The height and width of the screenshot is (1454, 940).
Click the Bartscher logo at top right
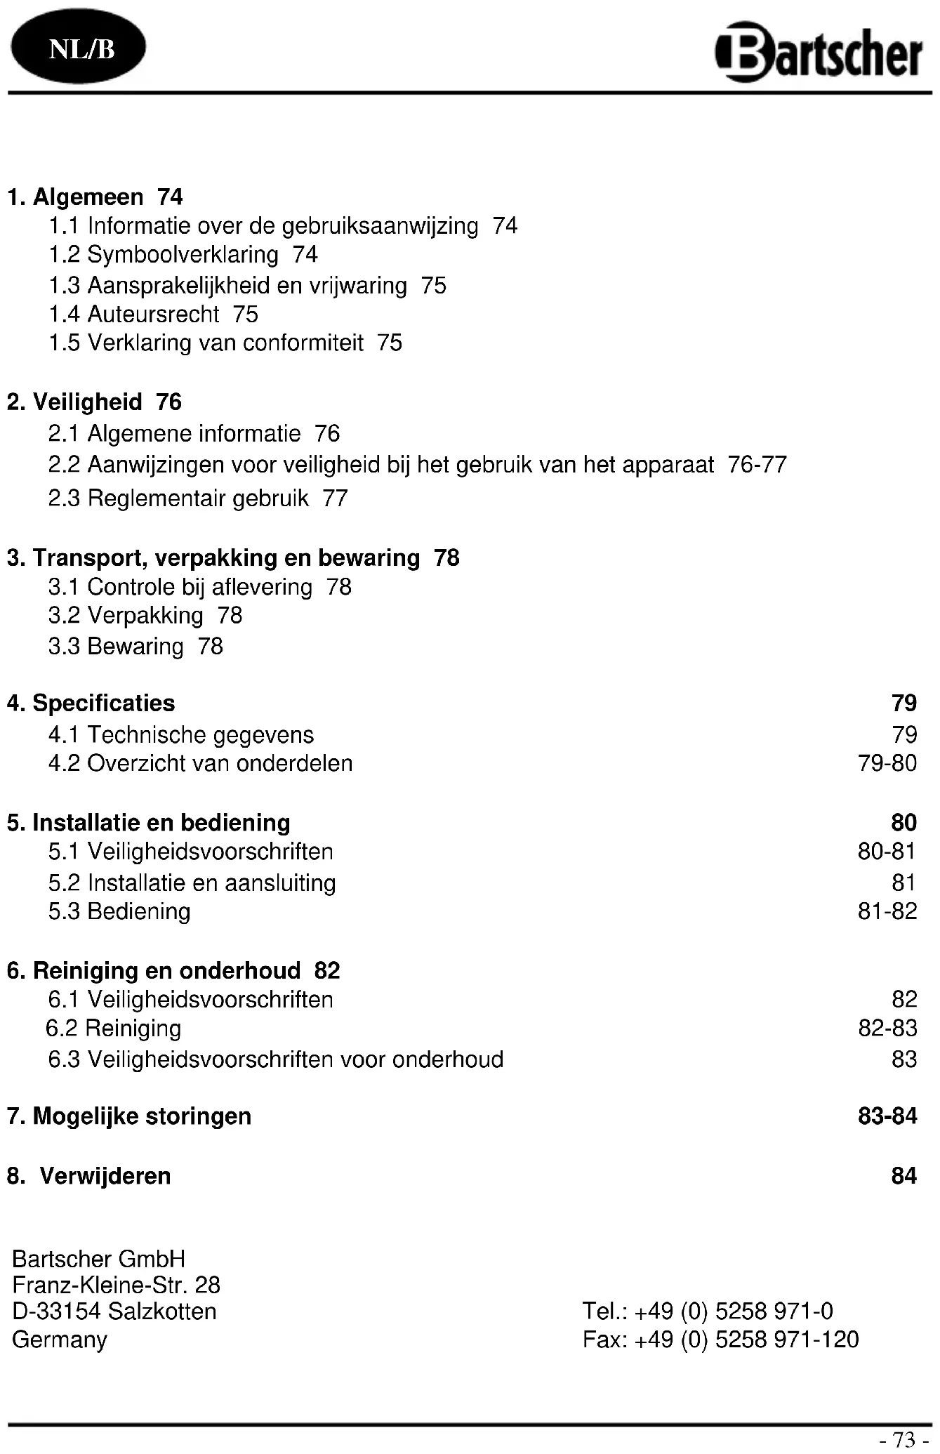point(819,53)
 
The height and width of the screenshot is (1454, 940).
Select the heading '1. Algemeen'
point(76,197)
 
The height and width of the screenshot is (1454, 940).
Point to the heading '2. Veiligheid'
point(74,402)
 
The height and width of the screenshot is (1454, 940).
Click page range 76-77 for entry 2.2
point(757,465)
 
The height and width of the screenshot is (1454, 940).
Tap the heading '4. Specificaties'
point(91,703)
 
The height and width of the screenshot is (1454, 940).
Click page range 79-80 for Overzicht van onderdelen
point(887,763)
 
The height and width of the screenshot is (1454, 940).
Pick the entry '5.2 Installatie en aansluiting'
point(192,883)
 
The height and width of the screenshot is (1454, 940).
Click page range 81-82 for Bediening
point(887,912)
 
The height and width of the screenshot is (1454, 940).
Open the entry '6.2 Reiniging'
point(114,1029)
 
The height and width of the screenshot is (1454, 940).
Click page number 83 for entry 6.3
point(904,1059)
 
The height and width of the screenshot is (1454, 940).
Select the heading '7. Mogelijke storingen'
point(129,1116)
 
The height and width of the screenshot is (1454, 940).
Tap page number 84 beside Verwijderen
point(904,1176)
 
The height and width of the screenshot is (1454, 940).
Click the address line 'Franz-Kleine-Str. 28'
point(117,1286)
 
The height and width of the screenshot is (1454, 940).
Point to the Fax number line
point(720,1340)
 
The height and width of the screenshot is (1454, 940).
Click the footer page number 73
point(904,1441)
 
